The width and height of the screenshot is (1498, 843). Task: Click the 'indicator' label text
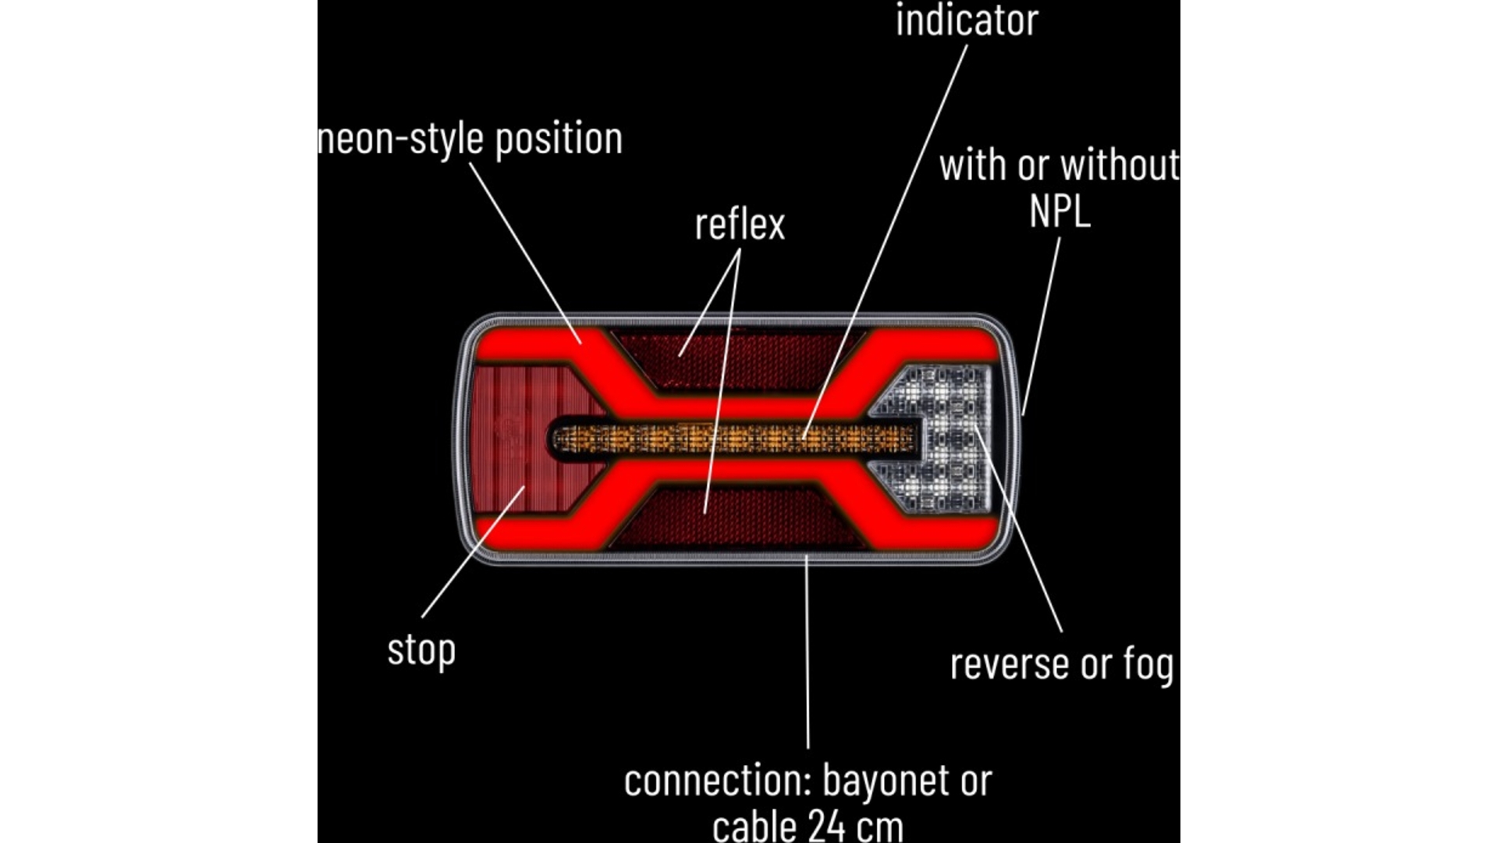click(967, 20)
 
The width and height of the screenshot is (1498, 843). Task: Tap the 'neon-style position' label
click(470, 140)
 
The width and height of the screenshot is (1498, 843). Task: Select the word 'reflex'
click(740, 225)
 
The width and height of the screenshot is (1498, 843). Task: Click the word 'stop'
click(421, 651)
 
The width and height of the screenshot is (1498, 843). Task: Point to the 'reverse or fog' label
click(1061, 664)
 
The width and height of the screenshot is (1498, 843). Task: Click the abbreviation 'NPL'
click(1060, 211)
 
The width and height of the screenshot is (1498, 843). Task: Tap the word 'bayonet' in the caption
click(884, 782)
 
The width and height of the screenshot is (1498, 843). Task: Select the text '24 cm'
click(855, 826)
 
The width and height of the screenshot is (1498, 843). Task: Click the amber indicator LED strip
click(733, 439)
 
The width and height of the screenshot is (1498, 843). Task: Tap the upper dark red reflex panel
click(737, 360)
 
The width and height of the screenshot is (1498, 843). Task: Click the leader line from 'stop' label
click(474, 552)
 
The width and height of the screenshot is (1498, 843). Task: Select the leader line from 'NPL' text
click(1042, 326)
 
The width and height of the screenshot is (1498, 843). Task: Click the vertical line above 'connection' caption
click(808, 652)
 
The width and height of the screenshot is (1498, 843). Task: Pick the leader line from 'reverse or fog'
click(1018, 528)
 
